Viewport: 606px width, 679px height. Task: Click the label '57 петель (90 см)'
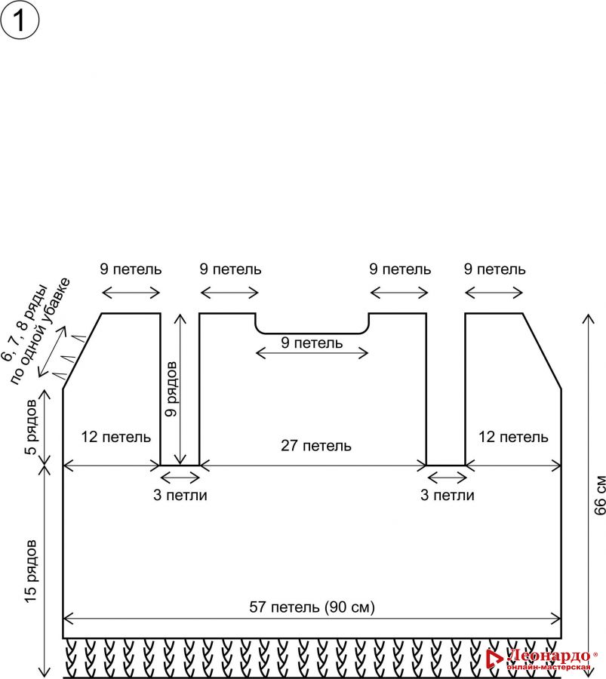312,607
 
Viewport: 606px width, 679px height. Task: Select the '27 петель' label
316,445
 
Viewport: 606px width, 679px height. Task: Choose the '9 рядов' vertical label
173,389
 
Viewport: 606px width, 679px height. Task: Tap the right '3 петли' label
447,496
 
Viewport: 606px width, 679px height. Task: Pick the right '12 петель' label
513,437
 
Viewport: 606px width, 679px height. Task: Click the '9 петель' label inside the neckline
312,343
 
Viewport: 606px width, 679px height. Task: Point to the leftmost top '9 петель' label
131,269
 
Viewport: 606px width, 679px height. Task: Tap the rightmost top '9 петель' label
495,269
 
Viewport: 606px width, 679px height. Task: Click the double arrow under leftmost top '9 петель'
131,293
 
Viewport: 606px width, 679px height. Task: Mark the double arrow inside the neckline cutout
312,353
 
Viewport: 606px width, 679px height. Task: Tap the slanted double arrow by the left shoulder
54,352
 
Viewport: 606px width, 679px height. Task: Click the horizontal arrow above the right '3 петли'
447,476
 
